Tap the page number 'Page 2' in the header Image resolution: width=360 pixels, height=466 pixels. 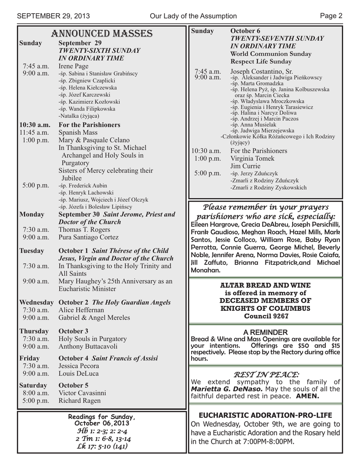point(331,16)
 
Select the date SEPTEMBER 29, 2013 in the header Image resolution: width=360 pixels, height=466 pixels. point(53,16)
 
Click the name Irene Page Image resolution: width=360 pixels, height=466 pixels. point(73,66)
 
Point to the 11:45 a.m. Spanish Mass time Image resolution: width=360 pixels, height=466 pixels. point(34,132)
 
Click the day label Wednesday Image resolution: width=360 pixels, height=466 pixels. point(36,302)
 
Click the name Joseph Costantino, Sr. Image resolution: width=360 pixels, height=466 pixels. point(261,71)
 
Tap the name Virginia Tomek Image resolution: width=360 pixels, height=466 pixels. point(252,158)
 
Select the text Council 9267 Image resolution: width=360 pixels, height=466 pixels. point(265,316)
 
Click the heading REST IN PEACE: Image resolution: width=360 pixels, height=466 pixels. point(266,374)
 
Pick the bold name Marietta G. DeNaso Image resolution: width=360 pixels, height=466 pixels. point(227,389)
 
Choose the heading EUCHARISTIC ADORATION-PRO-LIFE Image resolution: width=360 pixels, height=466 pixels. point(265,415)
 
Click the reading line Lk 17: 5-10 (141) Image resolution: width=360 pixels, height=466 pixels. point(102,446)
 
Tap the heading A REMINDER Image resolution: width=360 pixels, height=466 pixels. point(265,332)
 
